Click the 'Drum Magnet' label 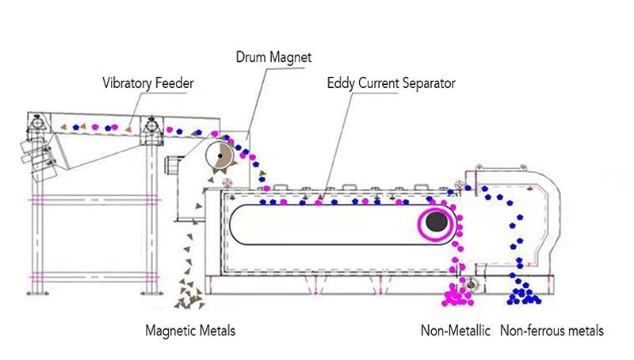point(273,57)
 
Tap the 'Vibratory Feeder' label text point(148,83)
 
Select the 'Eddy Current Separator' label point(391,83)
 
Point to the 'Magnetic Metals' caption point(190,331)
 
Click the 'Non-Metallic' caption point(455,331)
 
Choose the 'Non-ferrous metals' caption point(552,331)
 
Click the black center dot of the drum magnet point(220,155)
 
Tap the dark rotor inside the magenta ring point(437,222)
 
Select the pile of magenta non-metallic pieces point(457,295)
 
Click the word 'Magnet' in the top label point(291,57)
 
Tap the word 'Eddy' point(341,84)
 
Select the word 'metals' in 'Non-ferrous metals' point(583,331)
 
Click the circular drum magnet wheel point(220,155)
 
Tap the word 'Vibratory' point(128,84)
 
